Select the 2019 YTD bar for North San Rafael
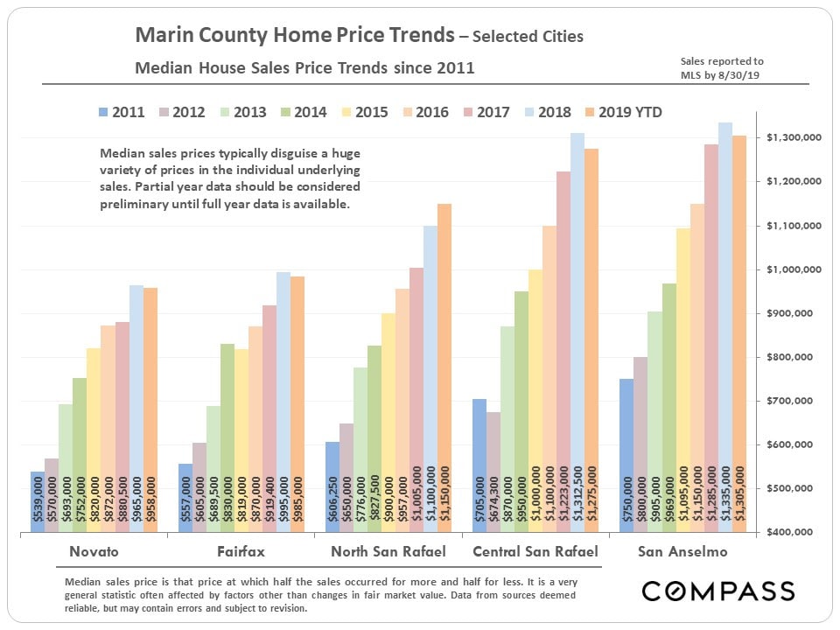coord(444,367)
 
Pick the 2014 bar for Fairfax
coord(227,437)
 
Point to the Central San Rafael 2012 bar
coord(493,472)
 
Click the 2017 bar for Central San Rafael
coord(563,350)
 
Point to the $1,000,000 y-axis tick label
coord(793,269)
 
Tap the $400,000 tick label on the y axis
coord(793,532)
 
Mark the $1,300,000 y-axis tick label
coord(793,138)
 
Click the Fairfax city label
coord(241,552)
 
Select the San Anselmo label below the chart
coord(682,552)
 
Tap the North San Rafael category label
coord(388,552)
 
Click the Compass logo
coord(717,591)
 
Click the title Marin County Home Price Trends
coord(295,36)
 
